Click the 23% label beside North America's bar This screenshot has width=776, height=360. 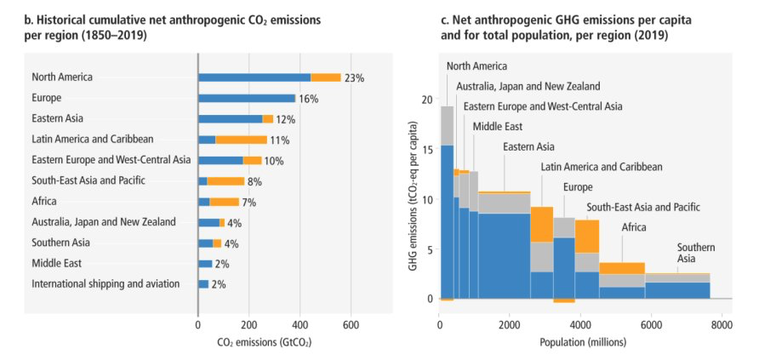(355, 77)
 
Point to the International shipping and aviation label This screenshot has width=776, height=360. (106, 283)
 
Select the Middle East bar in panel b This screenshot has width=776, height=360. (206, 263)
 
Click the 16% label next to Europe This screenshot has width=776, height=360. (308, 99)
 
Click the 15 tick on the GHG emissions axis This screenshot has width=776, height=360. (427, 150)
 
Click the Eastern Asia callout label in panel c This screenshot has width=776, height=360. (529, 146)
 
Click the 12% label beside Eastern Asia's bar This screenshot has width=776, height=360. (284, 119)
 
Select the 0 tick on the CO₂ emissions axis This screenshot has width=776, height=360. (198, 323)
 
